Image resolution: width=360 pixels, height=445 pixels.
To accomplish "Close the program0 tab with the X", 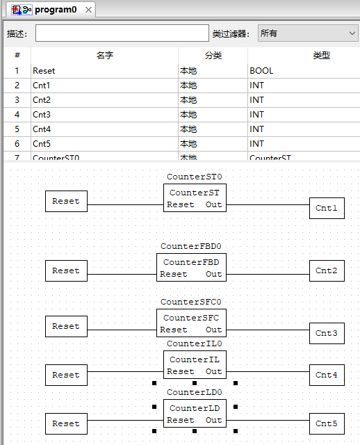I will click(x=88, y=10).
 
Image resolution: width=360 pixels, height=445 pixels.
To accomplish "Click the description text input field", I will click(x=122, y=33).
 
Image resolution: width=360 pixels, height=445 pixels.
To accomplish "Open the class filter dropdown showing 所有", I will click(x=308, y=33).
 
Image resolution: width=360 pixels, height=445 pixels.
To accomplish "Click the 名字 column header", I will click(x=104, y=56).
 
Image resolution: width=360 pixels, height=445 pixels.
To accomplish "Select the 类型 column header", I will click(x=321, y=56).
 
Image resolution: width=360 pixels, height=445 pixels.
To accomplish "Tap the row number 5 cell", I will click(x=17, y=129).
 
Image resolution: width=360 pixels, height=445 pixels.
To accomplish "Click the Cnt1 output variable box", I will click(x=327, y=208).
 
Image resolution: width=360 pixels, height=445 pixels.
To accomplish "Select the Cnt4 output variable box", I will click(x=327, y=375).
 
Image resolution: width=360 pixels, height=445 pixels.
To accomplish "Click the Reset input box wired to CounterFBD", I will click(x=66, y=270).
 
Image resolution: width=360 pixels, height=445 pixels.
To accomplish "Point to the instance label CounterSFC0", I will click(x=191, y=302).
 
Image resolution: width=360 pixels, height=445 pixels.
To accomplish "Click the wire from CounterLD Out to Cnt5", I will click(x=268, y=421).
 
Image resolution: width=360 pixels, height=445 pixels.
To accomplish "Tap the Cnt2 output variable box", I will click(x=327, y=270).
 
